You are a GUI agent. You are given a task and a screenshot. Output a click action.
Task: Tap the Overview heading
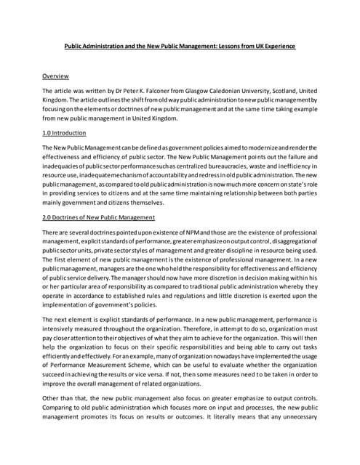click(x=55, y=76)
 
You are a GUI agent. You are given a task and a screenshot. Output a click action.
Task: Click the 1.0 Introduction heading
click(x=64, y=133)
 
